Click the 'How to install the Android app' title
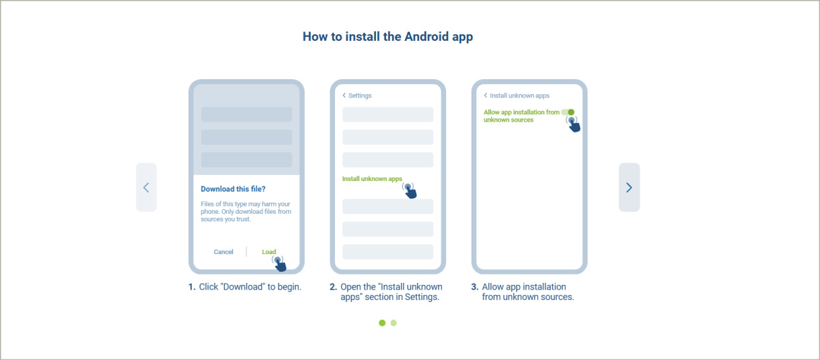coord(387,37)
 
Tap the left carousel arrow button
coord(146,187)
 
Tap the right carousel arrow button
coord(629,187)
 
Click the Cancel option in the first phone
coord(223,251)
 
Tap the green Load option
coord(269,251)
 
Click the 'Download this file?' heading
coord(233,189)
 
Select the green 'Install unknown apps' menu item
coord(372,178)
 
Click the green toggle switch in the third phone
coord(568,112)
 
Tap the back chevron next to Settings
coord(344,96)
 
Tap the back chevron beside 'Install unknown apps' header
coord(485,96)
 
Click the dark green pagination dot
coord(382,322)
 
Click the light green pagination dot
coord(394,322)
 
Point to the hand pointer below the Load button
coord(279,264)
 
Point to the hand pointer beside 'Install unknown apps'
coord(409,191)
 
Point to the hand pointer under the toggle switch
coord(573,124)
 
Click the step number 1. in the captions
coord(192,287)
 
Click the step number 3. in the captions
coord(475,287)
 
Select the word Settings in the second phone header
coord(360,96)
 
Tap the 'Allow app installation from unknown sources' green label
coord(521,116)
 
